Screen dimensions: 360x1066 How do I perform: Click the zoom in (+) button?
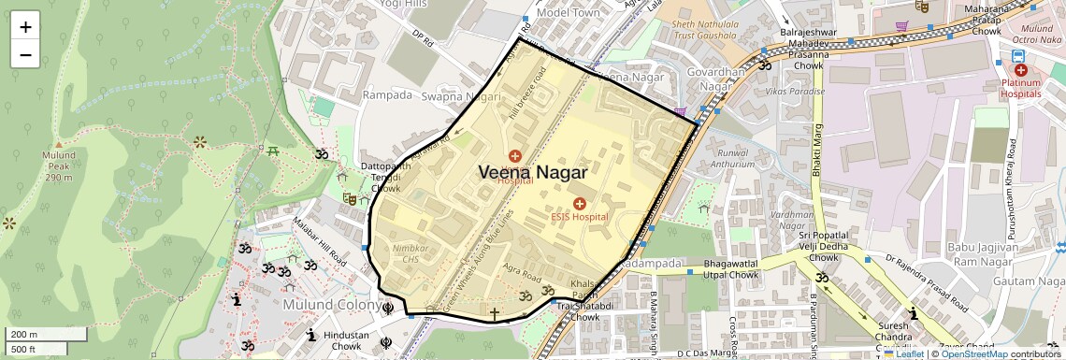(25, 27)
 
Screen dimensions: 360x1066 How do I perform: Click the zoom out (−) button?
(25, 54)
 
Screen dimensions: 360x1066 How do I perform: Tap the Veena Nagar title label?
(533, 173)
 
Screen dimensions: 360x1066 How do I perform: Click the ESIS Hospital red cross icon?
(579, 203)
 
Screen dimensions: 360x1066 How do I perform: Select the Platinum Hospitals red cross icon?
(1020, 70)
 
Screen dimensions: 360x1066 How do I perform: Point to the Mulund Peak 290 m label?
(57, 171)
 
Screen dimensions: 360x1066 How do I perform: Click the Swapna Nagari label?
(455, 96)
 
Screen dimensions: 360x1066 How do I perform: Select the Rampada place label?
(387, 94)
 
